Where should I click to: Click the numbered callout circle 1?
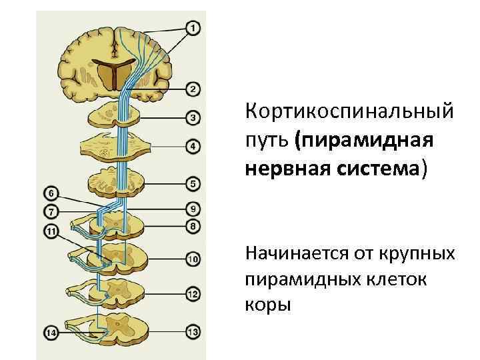pos(192,29)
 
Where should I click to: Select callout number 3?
pos(192,119)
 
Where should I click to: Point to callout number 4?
pos(192,146)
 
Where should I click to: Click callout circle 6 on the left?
pos(51,194)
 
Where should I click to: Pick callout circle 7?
pos(51,212)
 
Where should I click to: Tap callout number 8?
pos(193,226)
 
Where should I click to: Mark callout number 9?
pos(193,207)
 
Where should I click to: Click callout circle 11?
pos(51,231)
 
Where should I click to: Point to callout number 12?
pos(193,293)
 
